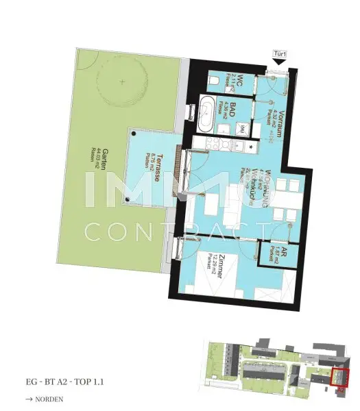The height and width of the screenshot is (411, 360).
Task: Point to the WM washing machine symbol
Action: click(243, 128)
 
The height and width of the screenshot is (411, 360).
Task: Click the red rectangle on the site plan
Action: click(341, 377)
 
